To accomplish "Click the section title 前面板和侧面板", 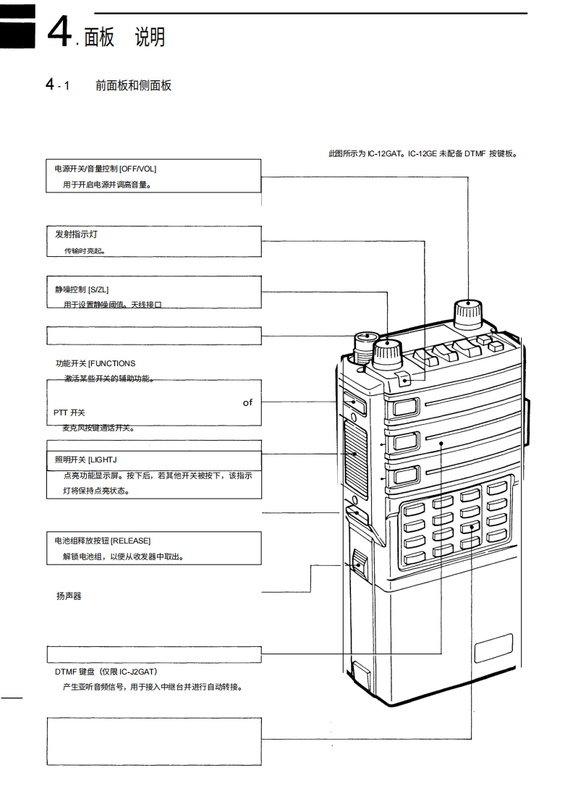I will click(133, 85).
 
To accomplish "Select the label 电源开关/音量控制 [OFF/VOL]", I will click(106, 169).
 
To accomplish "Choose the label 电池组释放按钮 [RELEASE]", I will click(103, 541).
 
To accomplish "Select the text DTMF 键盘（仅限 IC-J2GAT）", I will click(106, 672).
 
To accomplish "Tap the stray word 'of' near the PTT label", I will click(247, 402).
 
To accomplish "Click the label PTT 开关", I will click(69, 413).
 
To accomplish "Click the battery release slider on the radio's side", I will click(360, 562).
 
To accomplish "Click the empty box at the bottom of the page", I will click(154, 740).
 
